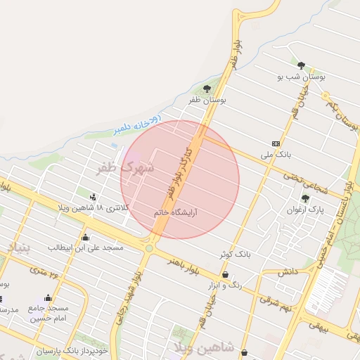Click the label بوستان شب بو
pyautogui.click(x=302, y=77)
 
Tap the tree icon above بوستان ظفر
pyautogui.click(x=207, y=89)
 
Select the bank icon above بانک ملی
pyautogui.click(x=276, y=142)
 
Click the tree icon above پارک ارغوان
pyautogui.click(x=305, y=198)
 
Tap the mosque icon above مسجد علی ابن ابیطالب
pyautogui.click(x=86, y=237)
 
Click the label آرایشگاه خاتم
pyautogui.click(x=175, y=212)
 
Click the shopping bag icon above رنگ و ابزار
pyautogui.click(x=225, y=274)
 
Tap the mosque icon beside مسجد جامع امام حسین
pyautogui.click(x=48, y=298)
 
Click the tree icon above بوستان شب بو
pyautogui.click(x=302, y=65)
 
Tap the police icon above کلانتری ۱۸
pyautogui.click(x=93, y=196)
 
